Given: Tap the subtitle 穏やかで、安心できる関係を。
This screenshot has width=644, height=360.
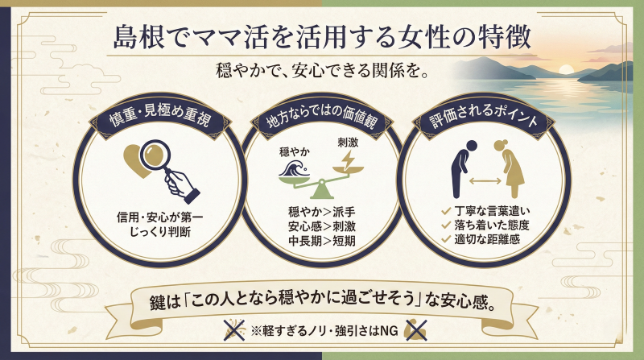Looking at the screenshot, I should (321, 70).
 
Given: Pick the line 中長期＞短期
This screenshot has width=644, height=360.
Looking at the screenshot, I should (320, 240).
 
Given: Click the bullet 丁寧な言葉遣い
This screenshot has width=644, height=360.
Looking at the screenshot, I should (488, 210).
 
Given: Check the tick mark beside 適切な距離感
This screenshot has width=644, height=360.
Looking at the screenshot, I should (445, 239).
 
